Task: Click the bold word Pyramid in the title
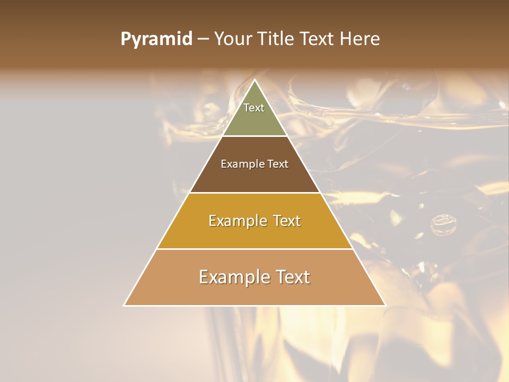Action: [156, 39]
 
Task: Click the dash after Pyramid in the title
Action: [203, 40]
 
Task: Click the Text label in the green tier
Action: [254, 108]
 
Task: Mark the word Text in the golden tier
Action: [286, 221]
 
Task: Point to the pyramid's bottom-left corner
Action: [125, 305]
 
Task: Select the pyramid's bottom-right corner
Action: [385, 305]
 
